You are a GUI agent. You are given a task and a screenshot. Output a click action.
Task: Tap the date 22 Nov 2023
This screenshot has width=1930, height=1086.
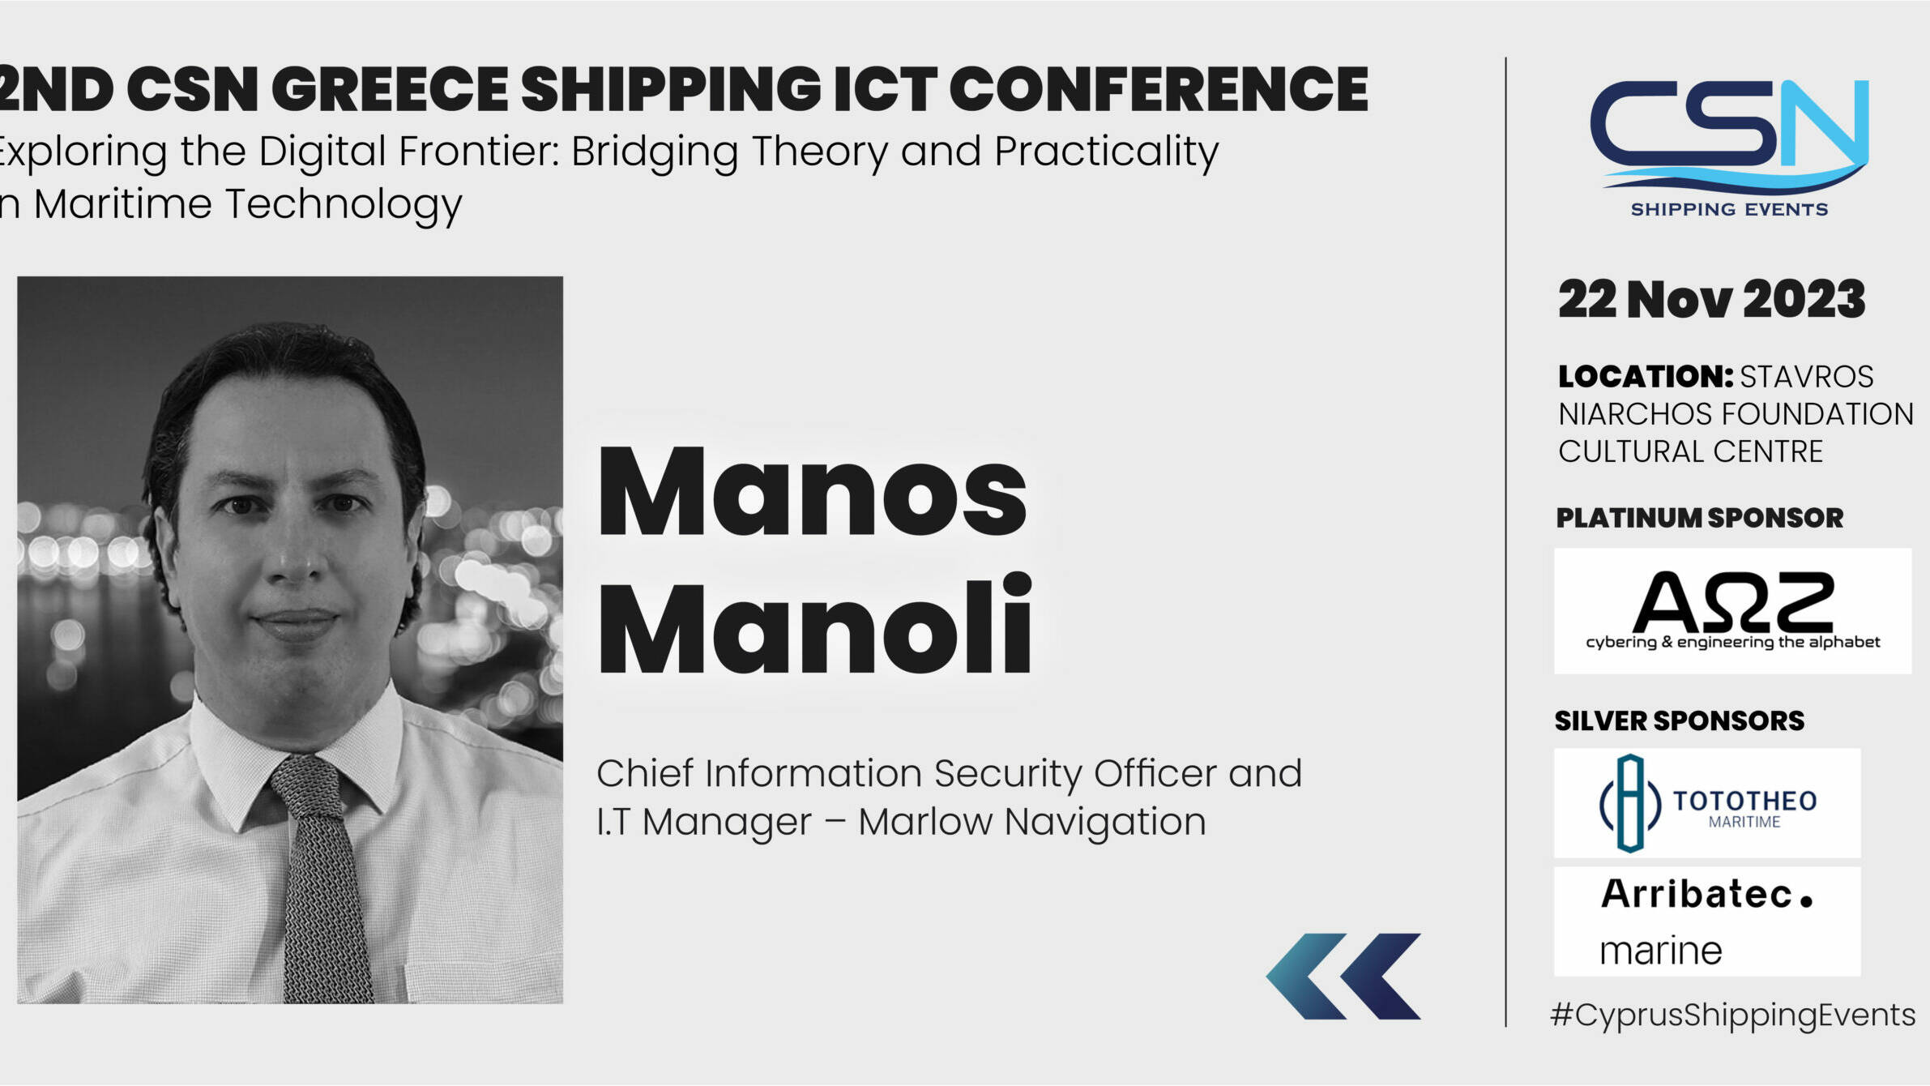pos(1711,299)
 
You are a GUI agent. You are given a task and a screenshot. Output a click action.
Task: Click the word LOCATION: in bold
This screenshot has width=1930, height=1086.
pos(1645,377)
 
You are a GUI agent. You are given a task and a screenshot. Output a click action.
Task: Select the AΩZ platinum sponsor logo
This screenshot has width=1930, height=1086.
pos(1732,611)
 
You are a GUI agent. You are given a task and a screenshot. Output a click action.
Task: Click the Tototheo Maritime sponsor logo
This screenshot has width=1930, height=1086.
pos(1707,802)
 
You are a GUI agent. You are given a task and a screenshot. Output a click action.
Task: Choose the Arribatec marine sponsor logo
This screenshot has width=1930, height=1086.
pos(1707,921)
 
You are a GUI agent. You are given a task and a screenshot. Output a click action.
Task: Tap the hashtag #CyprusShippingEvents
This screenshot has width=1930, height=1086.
pos(1732,1015)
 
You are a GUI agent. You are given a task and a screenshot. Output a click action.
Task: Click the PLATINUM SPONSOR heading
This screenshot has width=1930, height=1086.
pos(1699,518)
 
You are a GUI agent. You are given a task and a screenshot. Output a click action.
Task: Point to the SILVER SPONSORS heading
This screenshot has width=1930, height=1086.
pos(1679,720)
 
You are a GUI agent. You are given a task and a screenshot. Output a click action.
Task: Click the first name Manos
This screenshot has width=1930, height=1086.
pos(813,492)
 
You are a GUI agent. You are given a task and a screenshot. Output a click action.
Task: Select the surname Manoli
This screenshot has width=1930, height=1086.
pos(814,625)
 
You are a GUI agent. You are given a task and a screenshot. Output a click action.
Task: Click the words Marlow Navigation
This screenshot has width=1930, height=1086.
pos(1032,822)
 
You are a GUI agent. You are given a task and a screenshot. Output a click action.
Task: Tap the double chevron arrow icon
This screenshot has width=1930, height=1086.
pos(1343,976)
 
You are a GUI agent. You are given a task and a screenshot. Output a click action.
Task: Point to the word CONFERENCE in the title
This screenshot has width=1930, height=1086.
pos(1159,89)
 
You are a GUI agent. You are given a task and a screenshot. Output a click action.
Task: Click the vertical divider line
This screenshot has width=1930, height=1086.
pos(1505,541)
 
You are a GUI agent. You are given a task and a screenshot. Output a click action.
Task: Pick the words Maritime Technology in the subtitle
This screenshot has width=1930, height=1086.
pos(248,204)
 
